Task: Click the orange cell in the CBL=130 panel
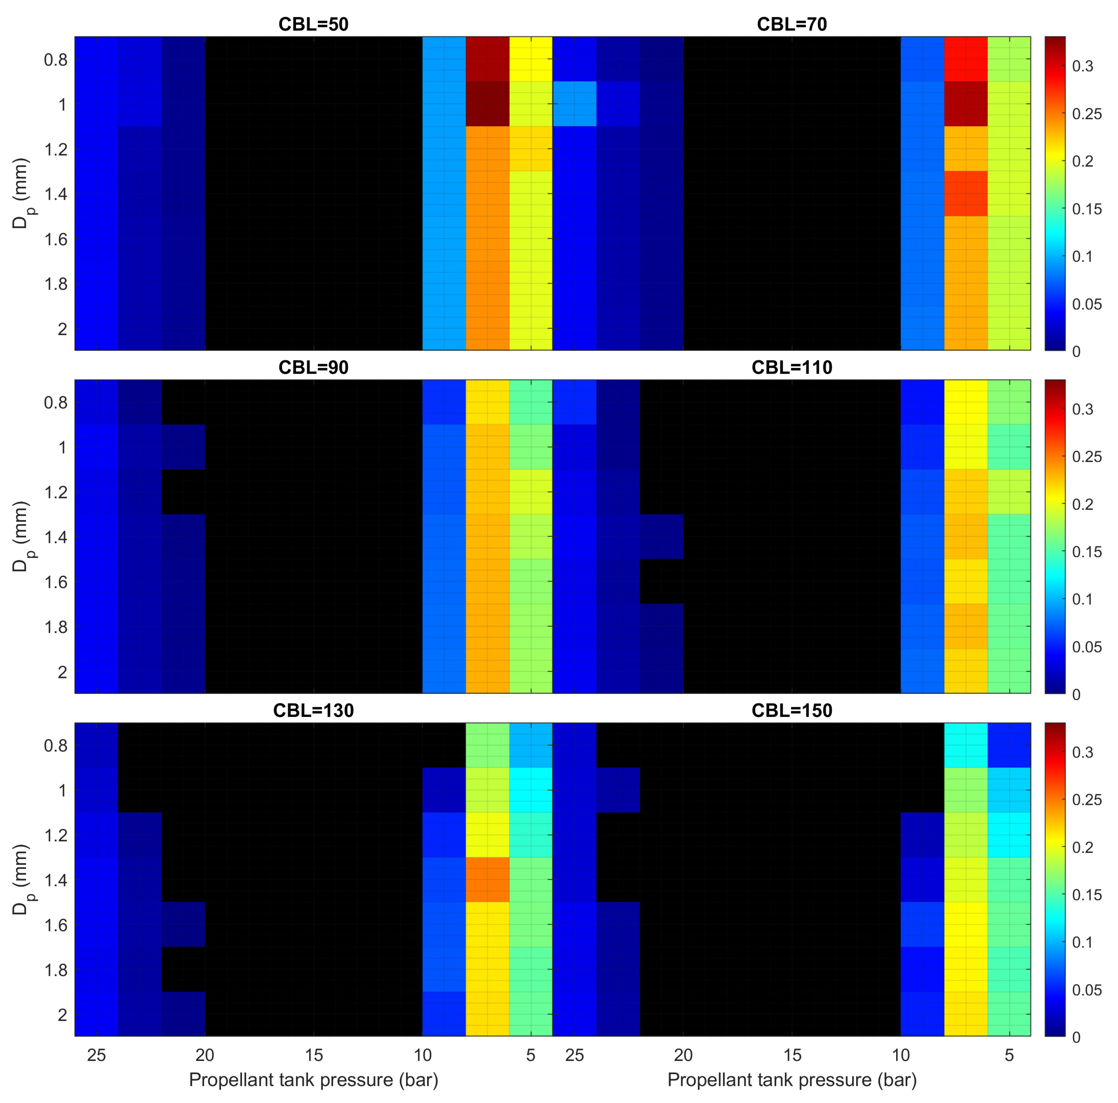[x=487, y=879]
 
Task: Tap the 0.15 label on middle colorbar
[x=1087, y=552]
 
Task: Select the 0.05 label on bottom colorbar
[x=1087, y=990]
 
